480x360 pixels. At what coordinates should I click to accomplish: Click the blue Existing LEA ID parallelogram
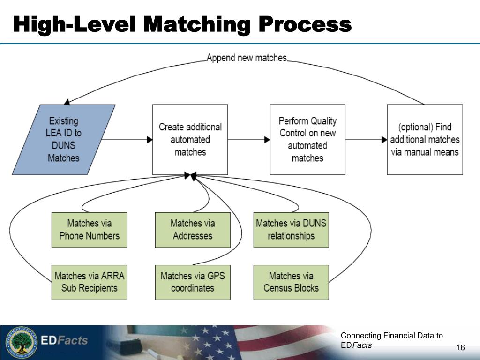(64, 140)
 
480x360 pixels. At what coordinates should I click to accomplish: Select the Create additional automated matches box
(190, 140)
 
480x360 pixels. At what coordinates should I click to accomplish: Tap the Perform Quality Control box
(307, 140)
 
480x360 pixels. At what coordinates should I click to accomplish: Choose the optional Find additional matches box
(425, 140)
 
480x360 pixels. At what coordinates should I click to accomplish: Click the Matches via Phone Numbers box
(90, 230)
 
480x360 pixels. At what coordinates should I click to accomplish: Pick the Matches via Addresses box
(193, 230)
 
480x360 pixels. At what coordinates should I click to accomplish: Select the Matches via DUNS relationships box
(291, 230)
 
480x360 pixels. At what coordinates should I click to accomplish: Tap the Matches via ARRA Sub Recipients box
(90, 282)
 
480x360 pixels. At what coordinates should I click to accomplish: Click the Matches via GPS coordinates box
(193, 282)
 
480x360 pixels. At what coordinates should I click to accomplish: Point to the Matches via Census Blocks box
(291, 282)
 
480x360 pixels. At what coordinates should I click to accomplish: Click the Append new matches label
(247, 58)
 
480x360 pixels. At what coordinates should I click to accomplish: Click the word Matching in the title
(197, 25)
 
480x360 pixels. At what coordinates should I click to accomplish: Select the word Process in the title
(305, 25)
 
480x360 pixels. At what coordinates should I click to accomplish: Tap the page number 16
(460, 347)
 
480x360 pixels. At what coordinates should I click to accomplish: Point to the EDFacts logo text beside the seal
(64, 340)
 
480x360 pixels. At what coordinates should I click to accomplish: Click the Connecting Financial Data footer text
(392, 340)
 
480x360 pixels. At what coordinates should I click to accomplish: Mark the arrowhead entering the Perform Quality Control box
(267, 140)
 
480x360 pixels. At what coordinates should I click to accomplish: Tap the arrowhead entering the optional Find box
(384, 140)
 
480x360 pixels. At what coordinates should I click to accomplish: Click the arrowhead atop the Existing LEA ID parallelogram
(67, 102)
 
